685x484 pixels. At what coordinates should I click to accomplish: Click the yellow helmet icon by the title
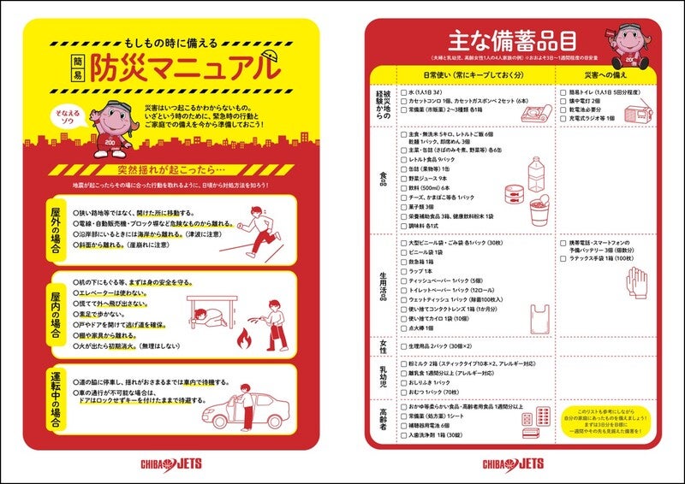273,56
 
